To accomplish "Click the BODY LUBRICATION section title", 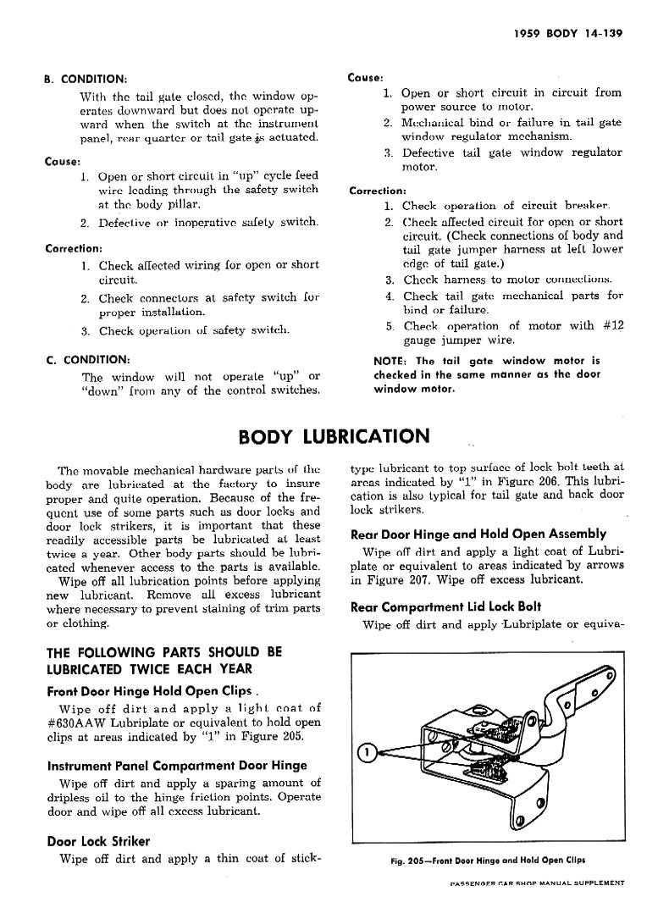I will pyautogui.click(x=334, y=436).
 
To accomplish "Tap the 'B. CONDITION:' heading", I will pyautogui.click(x=85, y=80).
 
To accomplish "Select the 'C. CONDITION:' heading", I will pyautogui.click(x=87, y=358).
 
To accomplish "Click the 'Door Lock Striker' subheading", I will pyautogui.click(x=97, y=841).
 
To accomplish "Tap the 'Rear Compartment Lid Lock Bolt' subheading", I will pyautogui.click(x=445, y=606).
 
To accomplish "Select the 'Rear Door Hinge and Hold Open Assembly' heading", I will pyautogui.click(x=478, y=534).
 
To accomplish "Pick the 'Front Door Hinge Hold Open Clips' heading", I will pyautogui.click(x=152, y=690).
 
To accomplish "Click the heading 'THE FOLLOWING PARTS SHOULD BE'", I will pyautogui.click(x=163, y=652).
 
